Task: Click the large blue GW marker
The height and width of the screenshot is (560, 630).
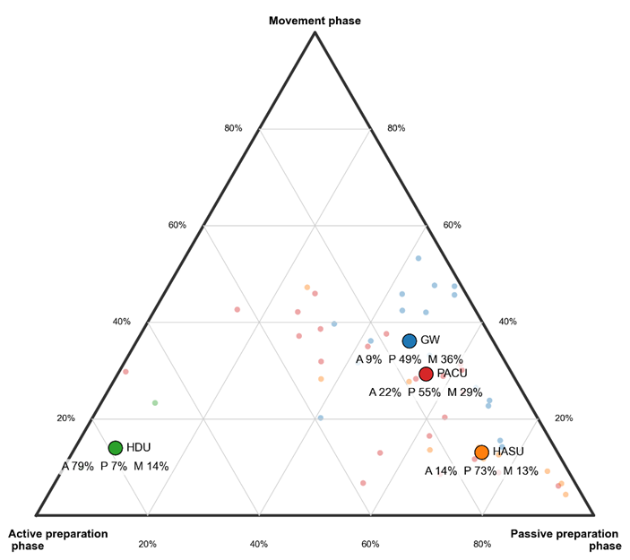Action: (x=410, y=340)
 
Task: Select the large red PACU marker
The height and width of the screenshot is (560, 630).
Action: (x=426, y=374)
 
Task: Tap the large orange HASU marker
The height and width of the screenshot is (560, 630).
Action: (x=481, y=452)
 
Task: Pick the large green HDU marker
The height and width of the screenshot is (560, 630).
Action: (x=115, y=448)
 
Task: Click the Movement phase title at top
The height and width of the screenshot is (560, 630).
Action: (x=315, y=20)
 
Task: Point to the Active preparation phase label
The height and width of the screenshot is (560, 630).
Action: (x=58, y=539)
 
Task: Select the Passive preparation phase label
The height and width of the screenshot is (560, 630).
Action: (x=565, y=539)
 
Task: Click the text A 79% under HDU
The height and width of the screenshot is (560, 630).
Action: (x=78, y=467)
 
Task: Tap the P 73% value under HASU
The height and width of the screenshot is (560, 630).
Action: (x=479, y=471)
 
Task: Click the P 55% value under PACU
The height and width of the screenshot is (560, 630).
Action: (x=425, y=392)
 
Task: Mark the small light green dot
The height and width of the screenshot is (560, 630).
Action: (x=155, y=403)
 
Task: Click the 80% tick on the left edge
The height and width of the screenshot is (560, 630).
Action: (x=233, y=128)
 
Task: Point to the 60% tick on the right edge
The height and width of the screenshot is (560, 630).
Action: (x=452, y=225)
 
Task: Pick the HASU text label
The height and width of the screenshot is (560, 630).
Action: (x=508, y=452)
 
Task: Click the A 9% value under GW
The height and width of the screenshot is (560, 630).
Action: (x=368, y=359)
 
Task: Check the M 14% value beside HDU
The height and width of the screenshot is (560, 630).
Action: (x=151, y=467)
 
